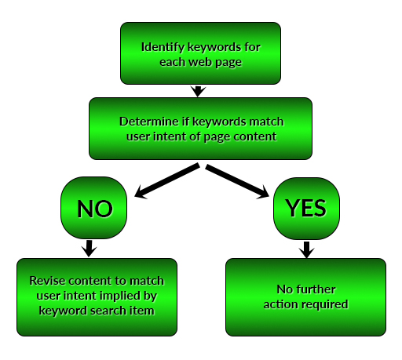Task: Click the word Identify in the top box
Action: click(163, 48)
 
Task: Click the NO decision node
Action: click(93, 208)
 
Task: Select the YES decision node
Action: click(306, 209)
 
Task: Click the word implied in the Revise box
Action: click(120, 296)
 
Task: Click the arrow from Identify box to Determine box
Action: click(198, 91)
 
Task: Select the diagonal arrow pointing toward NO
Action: click(166, 181)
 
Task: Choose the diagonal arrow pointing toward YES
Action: click(237, 181)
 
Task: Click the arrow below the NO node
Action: click(89, 249)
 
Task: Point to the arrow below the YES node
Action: click(306, 249)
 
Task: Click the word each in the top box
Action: click(173, 62)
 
